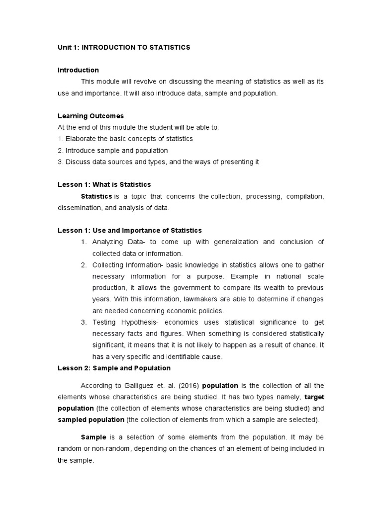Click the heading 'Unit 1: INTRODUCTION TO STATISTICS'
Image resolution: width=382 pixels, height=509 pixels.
tap(124, 47)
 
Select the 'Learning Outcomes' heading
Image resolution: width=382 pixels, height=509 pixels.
tap(91, 116)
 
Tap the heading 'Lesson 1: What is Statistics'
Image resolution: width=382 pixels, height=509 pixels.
tap(104, 184)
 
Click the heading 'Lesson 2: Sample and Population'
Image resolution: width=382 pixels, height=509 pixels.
tap(114, 368)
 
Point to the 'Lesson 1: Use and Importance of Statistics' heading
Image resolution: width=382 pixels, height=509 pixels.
tap(130, 230)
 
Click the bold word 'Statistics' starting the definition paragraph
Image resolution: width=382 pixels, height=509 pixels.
tap(96, 196)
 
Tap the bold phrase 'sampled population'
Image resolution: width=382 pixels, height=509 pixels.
tap(91, 420)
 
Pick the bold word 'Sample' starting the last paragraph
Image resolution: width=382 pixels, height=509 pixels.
tap(93, 437)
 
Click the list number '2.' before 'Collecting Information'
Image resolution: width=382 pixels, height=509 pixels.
tap(84, 265)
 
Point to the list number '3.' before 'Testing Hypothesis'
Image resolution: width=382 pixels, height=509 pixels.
tap(84, 323)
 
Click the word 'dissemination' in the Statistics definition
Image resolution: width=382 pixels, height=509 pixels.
tap(78, 208)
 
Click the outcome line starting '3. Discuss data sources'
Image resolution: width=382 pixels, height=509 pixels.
tap(159, 162)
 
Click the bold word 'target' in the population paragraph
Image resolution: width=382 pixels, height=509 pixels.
tap(314, 397)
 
